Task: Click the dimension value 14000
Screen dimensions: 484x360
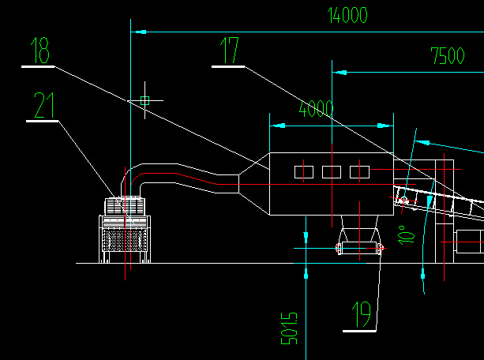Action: (347, 16)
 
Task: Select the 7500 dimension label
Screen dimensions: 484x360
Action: (448, 56)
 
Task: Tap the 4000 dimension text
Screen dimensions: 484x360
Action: (316, 109)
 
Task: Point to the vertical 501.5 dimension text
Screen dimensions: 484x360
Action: (289, 328)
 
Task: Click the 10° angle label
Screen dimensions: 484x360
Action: (406, 235)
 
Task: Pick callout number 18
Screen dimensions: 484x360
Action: (39, 51)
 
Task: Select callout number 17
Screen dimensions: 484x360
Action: (229, 51)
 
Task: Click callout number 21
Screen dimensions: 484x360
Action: (44, 105)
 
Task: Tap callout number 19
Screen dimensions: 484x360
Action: (362, 314)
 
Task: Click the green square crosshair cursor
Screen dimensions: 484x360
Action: (144, 100)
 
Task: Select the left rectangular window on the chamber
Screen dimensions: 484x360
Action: (304, 172)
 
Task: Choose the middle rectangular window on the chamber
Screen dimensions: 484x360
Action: (332, 172)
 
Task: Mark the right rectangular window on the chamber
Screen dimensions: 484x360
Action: (359, 172)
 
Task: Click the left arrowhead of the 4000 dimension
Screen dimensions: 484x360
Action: (277, 126)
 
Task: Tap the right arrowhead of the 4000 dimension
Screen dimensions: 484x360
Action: (385, 126)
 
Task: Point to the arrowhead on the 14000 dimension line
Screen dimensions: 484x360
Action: (139, 32)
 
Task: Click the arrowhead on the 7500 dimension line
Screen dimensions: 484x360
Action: (340, 73)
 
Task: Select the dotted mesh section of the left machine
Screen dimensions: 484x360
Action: (125, 239)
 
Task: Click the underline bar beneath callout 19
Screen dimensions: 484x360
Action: (359, 332)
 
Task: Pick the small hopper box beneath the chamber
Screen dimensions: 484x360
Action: (359, 248)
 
